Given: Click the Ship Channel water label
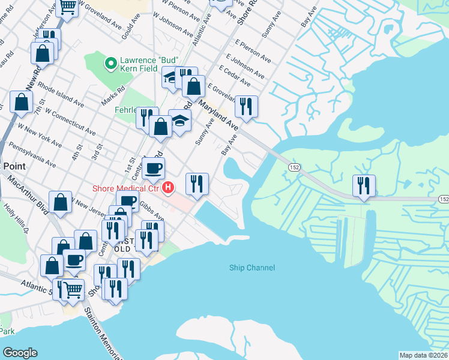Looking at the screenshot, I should tap(252, 268).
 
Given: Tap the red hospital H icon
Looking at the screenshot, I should tap(169, 188).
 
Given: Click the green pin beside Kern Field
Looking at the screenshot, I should tap(110, 62).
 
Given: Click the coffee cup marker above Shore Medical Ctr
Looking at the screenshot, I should tap(154, 169).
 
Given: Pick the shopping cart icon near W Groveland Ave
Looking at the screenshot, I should tap(68, 7).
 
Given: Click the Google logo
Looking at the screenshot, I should tap(20, 353).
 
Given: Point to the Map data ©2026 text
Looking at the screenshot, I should tap(424, 355).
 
